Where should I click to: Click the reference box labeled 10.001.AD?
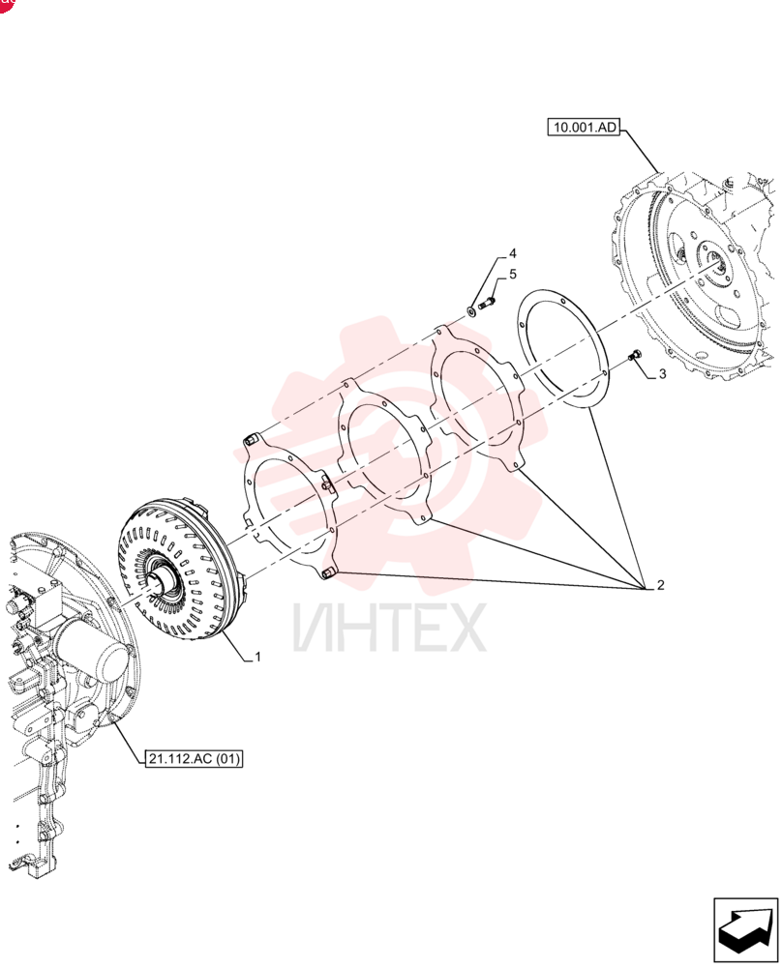[584, 127]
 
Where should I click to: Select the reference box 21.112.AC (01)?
[194, 758]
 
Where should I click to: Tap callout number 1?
[258, 657]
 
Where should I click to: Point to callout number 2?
[660, 585]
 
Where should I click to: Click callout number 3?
[662, 373]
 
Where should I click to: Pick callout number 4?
[512, 253]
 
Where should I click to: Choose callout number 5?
[512, 274]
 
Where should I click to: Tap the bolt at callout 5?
[487, 302]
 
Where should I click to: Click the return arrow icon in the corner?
[745, 930]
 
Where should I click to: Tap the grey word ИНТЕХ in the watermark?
[389, 628]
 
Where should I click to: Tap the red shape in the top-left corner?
[6, 5]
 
